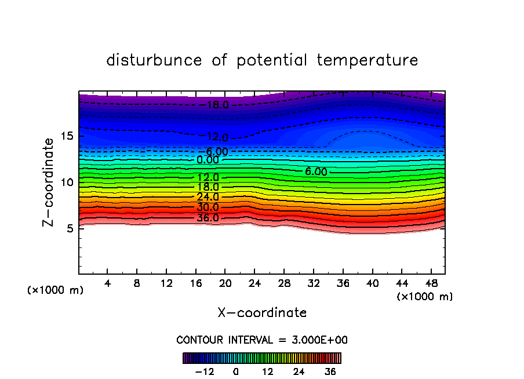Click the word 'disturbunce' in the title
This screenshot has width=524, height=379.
point(154,60)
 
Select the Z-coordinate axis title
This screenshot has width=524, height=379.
point(49,182)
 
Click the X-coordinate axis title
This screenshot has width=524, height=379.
point(262,313)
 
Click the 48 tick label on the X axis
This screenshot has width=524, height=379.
point(431,284)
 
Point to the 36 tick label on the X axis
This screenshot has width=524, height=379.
point(343,284)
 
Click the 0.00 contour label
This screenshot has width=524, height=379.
point(208,160)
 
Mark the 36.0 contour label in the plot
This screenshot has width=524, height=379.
point(208,218)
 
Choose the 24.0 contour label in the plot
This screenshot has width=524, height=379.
point(208,197)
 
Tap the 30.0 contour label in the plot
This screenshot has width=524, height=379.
point(208,207)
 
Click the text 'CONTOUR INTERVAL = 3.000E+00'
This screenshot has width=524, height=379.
point(262,340)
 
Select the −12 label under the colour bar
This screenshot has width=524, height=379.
point(204,371)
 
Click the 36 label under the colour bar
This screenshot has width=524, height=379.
point(330,371)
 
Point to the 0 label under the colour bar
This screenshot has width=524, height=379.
point(236,371)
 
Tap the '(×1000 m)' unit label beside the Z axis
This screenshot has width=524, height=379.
point(56,290)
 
